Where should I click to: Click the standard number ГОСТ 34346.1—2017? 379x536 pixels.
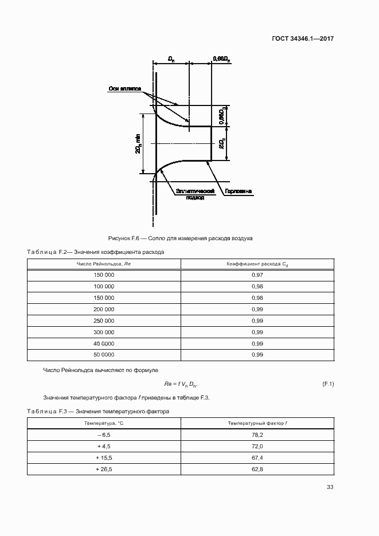point(303,39)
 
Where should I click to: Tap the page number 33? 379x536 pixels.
point(330,487)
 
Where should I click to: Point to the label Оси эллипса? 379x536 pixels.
point(124,89)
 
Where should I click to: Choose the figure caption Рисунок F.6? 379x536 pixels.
point(180,237)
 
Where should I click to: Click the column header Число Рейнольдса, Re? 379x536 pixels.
point(104,264)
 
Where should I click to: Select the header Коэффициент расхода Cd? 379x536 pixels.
point(257,264)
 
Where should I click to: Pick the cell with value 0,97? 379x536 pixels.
point(257,275)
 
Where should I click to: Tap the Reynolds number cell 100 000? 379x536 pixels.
point(104,287)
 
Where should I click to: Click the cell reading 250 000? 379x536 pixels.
point(104,321)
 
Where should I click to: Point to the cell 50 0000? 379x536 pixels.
point(104,355)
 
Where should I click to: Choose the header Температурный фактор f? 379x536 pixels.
point(257,423)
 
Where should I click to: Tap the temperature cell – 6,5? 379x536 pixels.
point(104,435)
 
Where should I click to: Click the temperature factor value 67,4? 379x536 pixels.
point(257,458)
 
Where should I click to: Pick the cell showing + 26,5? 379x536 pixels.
point(104,470)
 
